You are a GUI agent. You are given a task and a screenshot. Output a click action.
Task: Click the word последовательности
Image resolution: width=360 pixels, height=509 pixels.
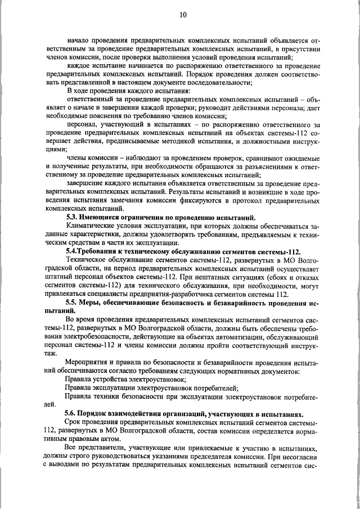[x=217, y=82]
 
